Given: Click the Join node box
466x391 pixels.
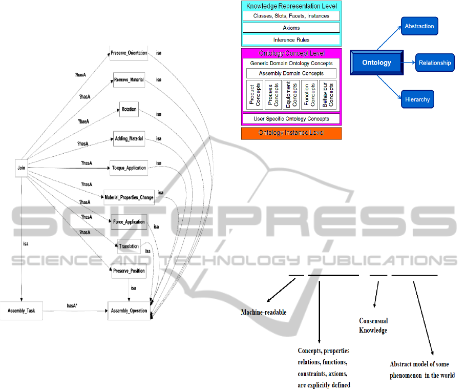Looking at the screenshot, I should click(x=21, y=168).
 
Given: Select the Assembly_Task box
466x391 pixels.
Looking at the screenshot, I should click(x=22, y=311).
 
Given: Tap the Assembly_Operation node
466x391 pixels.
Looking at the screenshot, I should click(x=129, y=311).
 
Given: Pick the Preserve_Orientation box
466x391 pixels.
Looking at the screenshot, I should click(x=129, y=53).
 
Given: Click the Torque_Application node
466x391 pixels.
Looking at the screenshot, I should click(x=129, y=168).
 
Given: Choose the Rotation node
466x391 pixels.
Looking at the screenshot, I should click(x=128, y=110).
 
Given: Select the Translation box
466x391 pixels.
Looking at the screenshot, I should click(x=129, y=246).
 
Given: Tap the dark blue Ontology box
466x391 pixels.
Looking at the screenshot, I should click(x=376, y=63).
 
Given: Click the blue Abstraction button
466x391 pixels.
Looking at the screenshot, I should click(x=419, y=26).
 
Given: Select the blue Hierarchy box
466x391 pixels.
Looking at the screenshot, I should click(x=417, y=99).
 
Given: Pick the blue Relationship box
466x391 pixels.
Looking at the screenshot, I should click(x=435, y=63).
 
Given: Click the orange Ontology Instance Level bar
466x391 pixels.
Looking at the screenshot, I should click(x=291, y=133).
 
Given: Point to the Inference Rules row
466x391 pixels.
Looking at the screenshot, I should click(x=291, y=39).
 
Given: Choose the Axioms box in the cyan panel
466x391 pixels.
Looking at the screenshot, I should click(x=291, y=28).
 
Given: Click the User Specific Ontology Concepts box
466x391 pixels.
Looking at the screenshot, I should click(x=291, y=119).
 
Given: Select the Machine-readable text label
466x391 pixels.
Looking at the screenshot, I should click(x=264, y=313).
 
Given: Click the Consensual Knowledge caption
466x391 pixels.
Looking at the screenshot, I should click(x=373, y=325).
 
